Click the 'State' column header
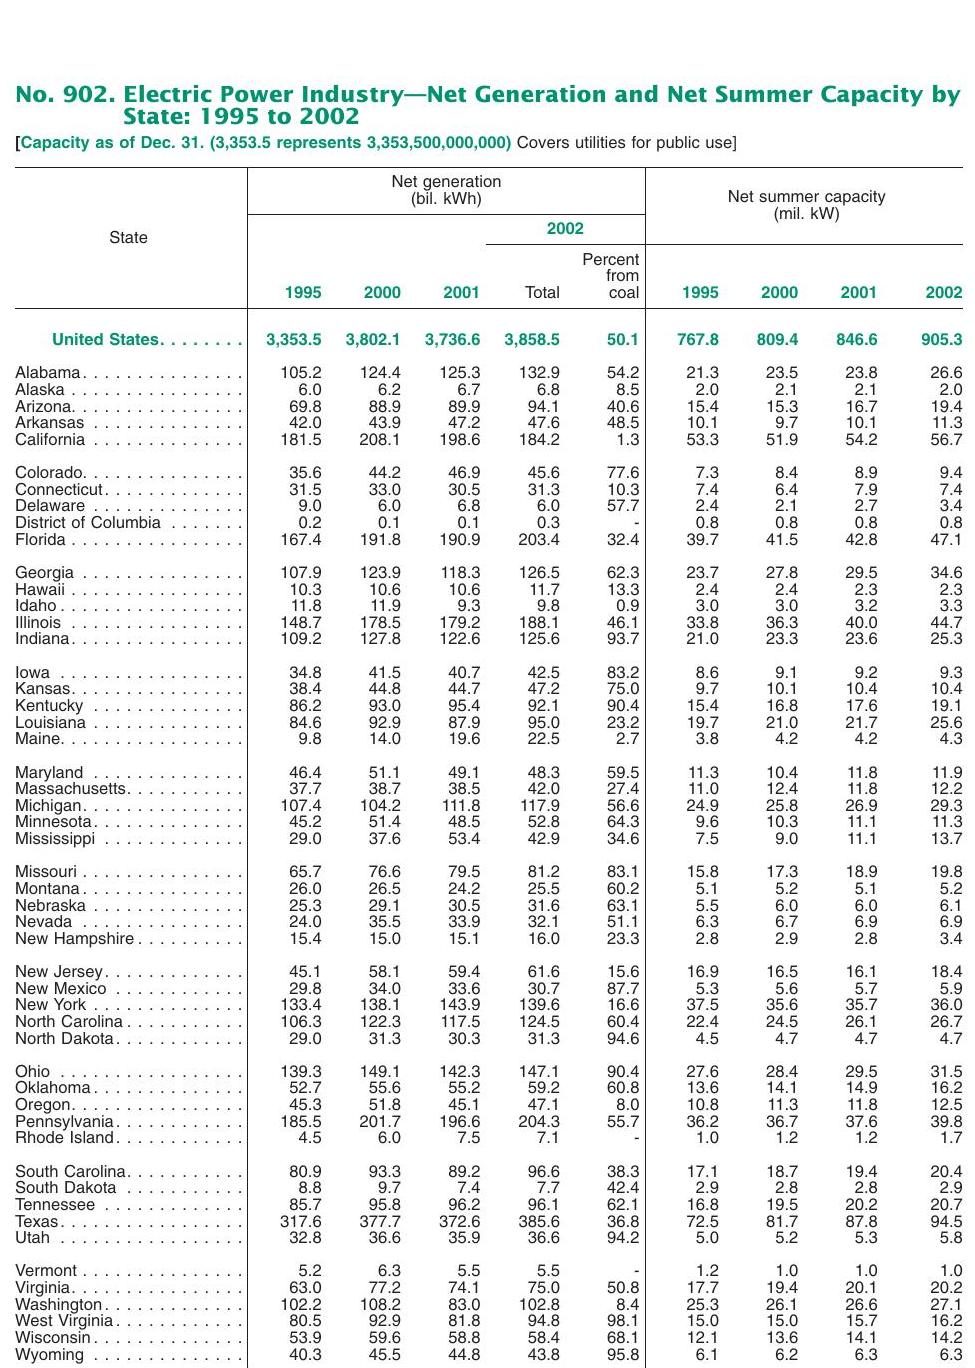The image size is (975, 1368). click(128, 238)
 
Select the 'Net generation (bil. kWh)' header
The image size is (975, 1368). click(446, 190)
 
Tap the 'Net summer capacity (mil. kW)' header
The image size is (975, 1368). click(806, 205)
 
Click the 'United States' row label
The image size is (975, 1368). click(106, 340)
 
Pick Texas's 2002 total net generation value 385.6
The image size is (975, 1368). click(539, 1222)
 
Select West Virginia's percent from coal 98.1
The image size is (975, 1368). click(623, 1321)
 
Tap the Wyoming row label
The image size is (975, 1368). click(50, 1355)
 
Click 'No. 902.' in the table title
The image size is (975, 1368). click(63, 95)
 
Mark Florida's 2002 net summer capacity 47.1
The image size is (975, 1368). click(945, 540)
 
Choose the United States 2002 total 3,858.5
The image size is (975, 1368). click(532, 340)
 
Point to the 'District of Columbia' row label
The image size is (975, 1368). click(88, 523)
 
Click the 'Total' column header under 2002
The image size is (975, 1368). click(542, 293)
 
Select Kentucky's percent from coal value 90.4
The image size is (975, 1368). click(623, 706)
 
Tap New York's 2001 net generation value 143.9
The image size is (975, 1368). click(460, 1005)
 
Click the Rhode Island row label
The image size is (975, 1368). click(64, 1138)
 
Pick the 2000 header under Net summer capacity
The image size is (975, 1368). click(779, 293)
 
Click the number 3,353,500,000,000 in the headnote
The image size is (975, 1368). click(439, 143)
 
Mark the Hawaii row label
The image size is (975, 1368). click(40, 590)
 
